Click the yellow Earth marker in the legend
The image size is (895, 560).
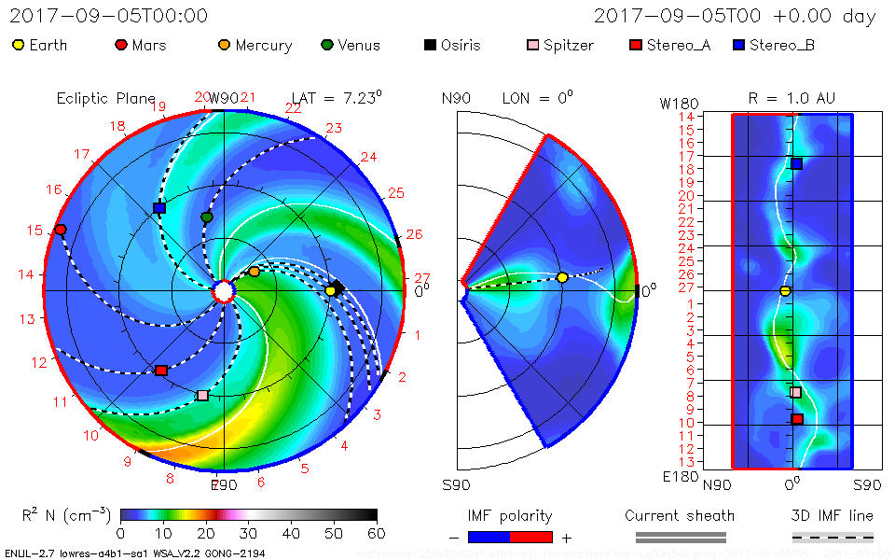point(19,45)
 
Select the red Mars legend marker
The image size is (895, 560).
point(120,45)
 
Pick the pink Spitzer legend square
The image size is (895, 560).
point(532,45)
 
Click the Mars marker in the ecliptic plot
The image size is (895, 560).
point(61,230)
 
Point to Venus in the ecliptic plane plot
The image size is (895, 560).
point(207,217)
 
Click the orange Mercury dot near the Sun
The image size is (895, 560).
point(254,272)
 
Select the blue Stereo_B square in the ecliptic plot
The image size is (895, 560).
point(158,208)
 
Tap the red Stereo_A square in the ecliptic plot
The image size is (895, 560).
point(160,371)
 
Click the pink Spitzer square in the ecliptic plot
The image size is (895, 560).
point(203,395)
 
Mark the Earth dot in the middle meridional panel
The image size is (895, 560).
point(562,278)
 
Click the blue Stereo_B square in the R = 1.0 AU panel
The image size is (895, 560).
point(796,163)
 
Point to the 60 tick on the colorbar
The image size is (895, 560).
point(377,533)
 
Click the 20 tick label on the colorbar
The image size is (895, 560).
point(206,533)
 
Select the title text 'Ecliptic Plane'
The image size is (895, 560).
point(105,98)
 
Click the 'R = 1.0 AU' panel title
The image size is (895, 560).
point(792,98)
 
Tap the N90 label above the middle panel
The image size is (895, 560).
point(456,98)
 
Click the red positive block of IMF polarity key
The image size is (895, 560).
point(530,537)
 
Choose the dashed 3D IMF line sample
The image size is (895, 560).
point(833,537)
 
